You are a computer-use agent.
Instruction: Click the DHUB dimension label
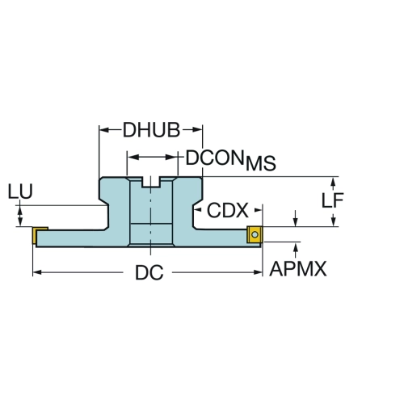click(x=151, y=130)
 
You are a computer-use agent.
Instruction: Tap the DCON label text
click(x=215, y=158)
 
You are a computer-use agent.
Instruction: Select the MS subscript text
click(x=261, y=163)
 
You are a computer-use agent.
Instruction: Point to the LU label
click(x=20, y=191)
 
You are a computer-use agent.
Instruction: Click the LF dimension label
click(x=333, y=200)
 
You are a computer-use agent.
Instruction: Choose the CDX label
click(x=228, y=210)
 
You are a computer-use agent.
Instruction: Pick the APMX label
click(x=298, y=268)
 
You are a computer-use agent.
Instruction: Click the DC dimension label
click(x=149, y=272)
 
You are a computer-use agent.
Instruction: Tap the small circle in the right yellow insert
click(x=255, y=234)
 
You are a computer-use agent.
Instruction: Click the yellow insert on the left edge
click(x=35, y=235)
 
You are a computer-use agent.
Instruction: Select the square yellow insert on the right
click(x=255, y=235)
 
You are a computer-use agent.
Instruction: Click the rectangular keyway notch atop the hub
click(x=151, y=182)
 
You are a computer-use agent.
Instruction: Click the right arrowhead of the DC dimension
click(x=258, y=272)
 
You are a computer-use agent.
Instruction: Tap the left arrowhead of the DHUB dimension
click(x=104, y=130)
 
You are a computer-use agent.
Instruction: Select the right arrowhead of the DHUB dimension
click(x=198, y=130)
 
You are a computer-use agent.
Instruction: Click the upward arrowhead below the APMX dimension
click(x=296, y=247)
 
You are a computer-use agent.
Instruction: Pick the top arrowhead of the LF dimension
click(x=333, y=182)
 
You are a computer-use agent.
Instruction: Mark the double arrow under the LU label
click(x=20, y=217)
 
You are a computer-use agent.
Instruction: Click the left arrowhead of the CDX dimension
click(x=198, y=210)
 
